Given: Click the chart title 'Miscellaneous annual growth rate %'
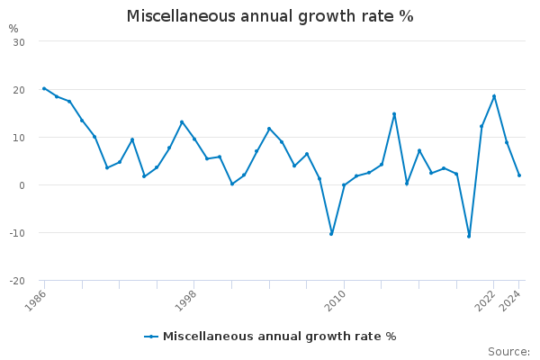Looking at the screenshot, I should [270, 16].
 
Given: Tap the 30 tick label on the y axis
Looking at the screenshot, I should [19, 42].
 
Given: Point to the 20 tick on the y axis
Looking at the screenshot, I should [19, 90].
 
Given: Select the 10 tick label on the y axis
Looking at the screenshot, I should [19, 138].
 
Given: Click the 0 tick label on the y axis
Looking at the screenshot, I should [22, 185].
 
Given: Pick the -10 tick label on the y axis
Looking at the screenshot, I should [17, 233].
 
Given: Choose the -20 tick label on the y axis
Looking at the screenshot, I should [17, 281].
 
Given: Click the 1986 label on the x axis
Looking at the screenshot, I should [37, 300].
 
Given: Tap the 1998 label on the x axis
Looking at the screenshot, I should [186, 300].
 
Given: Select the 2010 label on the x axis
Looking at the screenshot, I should [336, 300].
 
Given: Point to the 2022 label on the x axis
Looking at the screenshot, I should [486, 300].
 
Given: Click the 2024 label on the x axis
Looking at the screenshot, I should [511, 300].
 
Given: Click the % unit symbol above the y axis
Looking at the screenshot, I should [13, 28].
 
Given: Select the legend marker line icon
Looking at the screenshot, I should [151, 337].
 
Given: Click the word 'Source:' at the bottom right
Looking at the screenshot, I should [508, 351].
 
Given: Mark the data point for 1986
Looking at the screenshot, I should [44, 88].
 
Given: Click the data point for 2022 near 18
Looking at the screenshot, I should [494, 96].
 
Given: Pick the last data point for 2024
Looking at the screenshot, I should [519, 175].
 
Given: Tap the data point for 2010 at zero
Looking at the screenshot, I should [344, 185].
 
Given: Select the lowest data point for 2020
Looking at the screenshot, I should [469, 237].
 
